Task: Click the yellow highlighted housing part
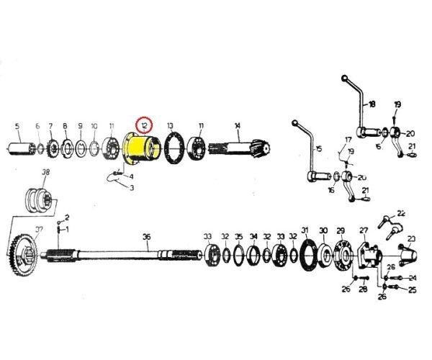point(140,151)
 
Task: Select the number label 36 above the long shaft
point(146,237)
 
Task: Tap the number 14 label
point(237,125)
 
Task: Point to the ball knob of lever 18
point(345,78)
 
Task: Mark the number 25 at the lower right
point(413,291)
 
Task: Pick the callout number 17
point(348,139)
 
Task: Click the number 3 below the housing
point(132,188)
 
